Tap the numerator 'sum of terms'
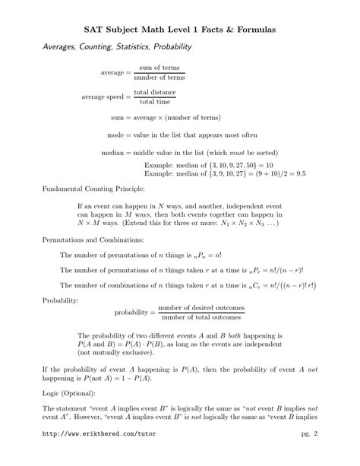(x=158, y=68)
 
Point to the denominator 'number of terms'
(x=158, y=78)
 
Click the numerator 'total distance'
(x=155, y=92)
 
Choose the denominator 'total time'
(x=155, y=102)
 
